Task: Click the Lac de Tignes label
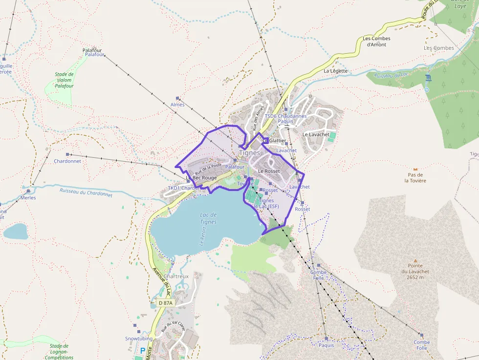point(208,218)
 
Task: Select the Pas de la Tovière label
point(415,177)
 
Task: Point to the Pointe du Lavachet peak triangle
point(415,261)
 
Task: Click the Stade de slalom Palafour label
point(64,80)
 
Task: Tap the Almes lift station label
point(177,105)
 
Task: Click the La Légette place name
point(335,71)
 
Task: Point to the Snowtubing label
point(138,339)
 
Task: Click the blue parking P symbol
point(143,351)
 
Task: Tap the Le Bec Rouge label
point(201,178)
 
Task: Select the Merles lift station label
point(28,198)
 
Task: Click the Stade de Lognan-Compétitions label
point(59,352)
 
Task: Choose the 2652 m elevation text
point(415,277)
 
